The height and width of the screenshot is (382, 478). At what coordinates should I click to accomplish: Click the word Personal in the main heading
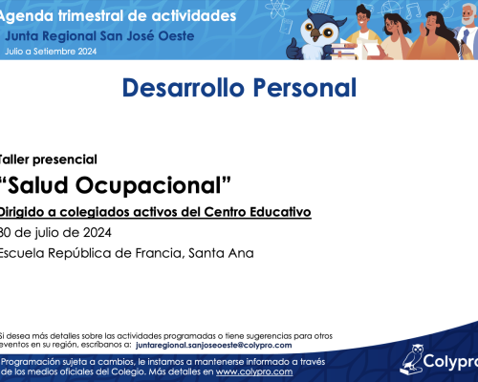305,88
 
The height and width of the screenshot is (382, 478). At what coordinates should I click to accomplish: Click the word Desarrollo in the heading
184,88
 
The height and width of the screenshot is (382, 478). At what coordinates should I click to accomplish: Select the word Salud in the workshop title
37,185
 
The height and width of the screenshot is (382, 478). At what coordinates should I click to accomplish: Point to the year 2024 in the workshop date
98,233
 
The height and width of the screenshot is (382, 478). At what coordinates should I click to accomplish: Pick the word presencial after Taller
65,159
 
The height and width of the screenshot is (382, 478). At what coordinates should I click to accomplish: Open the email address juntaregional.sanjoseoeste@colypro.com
213,346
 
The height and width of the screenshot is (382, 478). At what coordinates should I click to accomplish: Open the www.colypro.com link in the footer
254,371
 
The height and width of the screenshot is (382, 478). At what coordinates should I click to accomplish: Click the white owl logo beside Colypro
412,360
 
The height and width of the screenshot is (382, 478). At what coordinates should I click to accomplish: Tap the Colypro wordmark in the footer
450,362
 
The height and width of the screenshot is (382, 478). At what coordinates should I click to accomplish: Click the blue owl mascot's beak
315,34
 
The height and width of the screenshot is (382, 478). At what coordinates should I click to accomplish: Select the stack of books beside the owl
344,51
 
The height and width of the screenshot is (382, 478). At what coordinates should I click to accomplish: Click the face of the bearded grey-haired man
468,15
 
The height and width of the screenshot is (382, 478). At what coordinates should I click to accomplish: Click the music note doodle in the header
414,11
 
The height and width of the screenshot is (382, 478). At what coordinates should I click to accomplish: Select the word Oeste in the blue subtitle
177,36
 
